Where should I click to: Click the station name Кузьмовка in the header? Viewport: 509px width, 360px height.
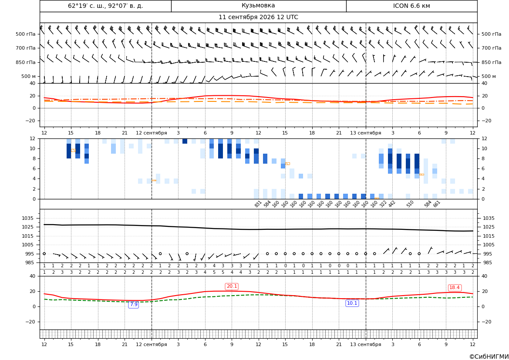258,6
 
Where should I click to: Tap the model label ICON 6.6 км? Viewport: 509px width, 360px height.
411,6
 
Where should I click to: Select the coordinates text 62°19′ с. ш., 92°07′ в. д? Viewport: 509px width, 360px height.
105,6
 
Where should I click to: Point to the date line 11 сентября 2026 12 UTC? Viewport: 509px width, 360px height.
258,17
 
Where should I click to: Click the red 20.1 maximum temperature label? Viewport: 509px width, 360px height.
232,286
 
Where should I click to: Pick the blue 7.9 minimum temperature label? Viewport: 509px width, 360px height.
133,304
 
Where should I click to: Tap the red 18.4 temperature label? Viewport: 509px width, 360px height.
454,288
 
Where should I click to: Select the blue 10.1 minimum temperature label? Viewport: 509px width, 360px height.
352,303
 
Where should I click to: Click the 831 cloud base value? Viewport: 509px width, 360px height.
258,204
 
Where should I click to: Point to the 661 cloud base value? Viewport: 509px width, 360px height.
436,204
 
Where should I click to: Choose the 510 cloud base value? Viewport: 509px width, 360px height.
410,204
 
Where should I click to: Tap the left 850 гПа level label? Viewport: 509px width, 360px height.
25,62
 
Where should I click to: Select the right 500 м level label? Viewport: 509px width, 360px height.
489,76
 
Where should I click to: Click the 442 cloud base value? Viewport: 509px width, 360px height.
392,204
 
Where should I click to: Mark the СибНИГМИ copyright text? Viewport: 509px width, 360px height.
489,357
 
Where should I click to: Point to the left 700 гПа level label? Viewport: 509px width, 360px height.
25,48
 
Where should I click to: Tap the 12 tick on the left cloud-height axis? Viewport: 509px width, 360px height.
33,138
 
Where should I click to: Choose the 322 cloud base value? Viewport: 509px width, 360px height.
383,204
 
